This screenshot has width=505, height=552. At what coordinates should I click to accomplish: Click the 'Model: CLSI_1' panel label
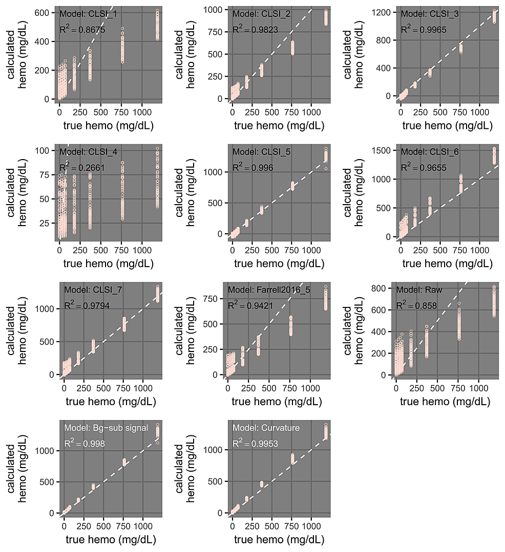89,14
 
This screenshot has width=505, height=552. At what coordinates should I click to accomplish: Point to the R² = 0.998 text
85,444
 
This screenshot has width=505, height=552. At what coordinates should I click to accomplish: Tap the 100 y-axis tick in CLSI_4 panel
46,151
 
